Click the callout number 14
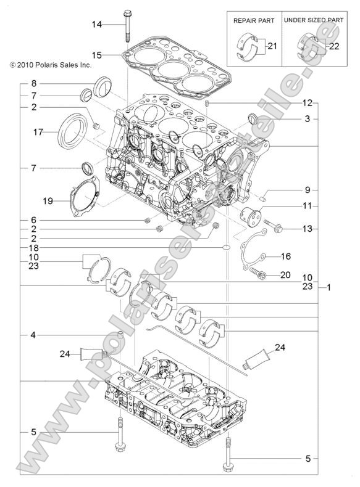click(97, 24)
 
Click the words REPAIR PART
click(253, 20)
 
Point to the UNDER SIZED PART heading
click(314, 20)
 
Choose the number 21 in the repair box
click(272, 46)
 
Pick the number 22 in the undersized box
click(333, 46)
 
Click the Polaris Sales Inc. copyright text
click(50, 64)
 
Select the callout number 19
click(47, 200)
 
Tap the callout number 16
click(285, 256)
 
